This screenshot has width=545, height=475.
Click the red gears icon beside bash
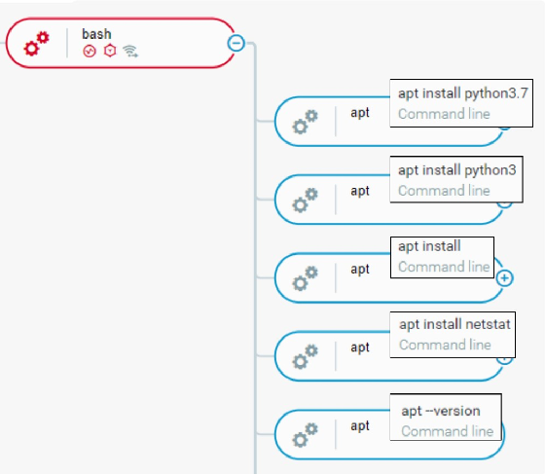click(x=37, y=44)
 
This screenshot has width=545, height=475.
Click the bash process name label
click(x=96, y=34)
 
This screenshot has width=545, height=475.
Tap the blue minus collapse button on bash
click(x=236, y=43)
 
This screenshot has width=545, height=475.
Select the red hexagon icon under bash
click(x=110, y=51)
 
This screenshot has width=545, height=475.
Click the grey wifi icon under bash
click(x=130, y=52)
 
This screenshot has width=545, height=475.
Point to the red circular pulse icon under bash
click(x=90, y=52)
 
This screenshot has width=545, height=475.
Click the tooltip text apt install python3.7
click(x=463, y=93)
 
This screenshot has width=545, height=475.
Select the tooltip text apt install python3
click(x=457, y=170)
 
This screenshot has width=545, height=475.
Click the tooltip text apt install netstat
click(x=454, y=324)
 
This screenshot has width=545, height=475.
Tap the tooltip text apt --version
click(x=441, y=411)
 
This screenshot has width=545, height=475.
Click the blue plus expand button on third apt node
click(x=505, y=277)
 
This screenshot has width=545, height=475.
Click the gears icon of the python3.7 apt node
click(x=306, y=122)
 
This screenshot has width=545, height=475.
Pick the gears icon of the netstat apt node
click(x=306, y=356)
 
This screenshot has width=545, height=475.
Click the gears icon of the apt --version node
click(x=306, y=435)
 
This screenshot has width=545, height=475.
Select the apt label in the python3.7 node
click(x=360, y=113)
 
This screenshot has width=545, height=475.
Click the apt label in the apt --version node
click(x=360, y=426)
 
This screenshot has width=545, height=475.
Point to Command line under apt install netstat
click(x=445, y=345)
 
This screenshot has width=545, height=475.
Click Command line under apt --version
click(x=448, y=431)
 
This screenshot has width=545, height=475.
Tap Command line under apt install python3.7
click(x=444, y=114)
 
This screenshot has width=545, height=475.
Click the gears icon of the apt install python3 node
click(x=306, y=200)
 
